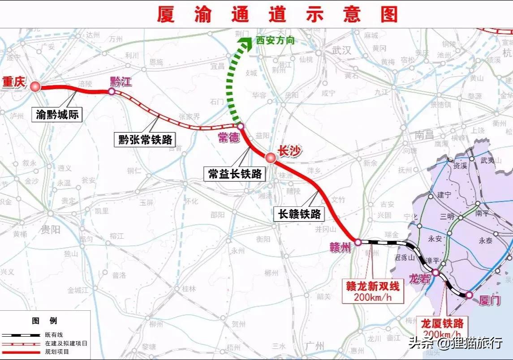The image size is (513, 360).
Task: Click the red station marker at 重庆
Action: (35, 86)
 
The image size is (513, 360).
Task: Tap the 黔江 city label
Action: (121, 81)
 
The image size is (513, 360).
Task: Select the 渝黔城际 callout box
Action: (57, 115)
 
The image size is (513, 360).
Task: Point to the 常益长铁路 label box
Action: (235, 174)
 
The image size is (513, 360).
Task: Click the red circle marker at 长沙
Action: (270, 158)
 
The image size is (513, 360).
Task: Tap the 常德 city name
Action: (228, 138)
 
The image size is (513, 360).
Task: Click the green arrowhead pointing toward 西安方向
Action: (246, 43)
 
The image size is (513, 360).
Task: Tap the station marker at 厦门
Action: (469, 295)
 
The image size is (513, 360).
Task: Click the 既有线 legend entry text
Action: (54, 334)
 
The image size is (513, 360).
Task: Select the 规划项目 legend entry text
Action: (57, 352)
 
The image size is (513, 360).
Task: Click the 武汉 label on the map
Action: (341, 50)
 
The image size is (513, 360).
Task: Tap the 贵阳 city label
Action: (50, 230)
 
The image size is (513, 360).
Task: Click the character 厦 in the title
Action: (166, 13)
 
